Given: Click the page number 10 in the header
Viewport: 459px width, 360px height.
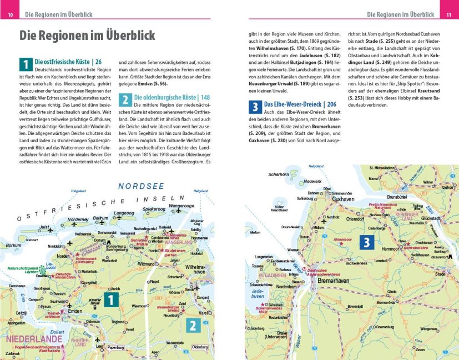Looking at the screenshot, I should tap(9, 14).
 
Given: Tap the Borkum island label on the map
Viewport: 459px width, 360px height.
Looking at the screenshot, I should tap(13, 245).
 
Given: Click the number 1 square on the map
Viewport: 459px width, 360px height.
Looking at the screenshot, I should tap(111, 301).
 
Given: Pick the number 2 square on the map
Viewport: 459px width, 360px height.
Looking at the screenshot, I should tap(193, 326).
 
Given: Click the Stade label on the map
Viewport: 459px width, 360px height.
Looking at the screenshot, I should tap(441, 274).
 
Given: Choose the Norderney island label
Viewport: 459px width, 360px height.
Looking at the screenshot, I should tap(78, 219).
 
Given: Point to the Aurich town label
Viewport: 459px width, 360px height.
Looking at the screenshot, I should tap(115, 289).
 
